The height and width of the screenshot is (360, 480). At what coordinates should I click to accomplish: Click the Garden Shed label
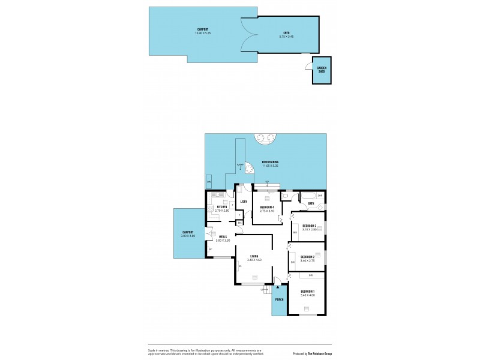[x=322, y=70]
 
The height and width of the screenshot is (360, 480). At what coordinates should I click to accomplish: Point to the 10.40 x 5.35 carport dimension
[x=203, y=33]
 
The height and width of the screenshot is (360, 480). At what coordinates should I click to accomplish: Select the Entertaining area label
[x=269, y=162]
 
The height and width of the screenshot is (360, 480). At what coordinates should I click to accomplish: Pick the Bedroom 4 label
[x=266, y=207]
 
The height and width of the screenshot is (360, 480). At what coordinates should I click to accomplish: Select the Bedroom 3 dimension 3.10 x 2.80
[x=309, y=229]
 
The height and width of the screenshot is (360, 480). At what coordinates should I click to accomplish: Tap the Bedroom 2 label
[x=308, y=257]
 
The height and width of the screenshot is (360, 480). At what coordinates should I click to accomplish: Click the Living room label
[x=254, y=256]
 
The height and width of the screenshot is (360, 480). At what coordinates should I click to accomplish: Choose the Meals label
[x=223, y=236]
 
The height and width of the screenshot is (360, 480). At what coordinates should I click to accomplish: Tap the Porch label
[x=279, y=299]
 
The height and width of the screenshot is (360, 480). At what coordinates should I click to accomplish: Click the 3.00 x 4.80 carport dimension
[x=188, y=236]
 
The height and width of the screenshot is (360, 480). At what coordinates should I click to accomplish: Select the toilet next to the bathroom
[x=286, y=196]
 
